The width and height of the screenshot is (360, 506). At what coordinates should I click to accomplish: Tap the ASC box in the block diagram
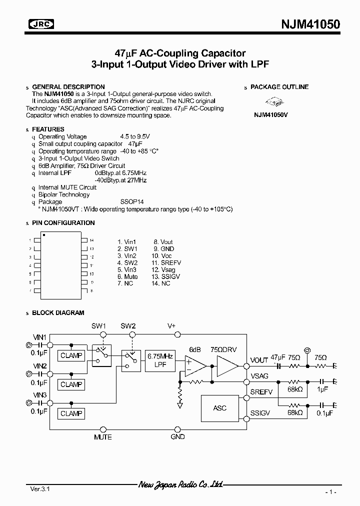[219, 408]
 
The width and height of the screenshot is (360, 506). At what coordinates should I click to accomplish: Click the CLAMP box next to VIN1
[71, 355]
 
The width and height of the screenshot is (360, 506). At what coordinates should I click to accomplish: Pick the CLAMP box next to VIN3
[71, 413]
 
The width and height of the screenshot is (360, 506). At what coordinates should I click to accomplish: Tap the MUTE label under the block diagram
[103, 437]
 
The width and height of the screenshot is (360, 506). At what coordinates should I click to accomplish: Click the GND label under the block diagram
[177, 437]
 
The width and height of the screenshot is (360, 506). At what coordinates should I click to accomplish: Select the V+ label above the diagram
[171, 325]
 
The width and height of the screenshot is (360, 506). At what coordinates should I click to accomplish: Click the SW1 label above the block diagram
[98, 325]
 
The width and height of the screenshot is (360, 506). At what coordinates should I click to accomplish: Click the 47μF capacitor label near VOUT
[277, 357]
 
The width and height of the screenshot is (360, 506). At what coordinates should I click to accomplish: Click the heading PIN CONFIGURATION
[63, 223]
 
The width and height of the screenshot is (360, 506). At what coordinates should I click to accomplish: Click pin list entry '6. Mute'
[127, 276]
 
